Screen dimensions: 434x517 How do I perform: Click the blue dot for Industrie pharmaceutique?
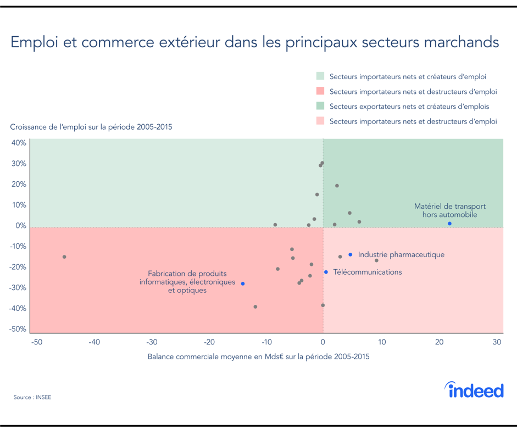point(350,254)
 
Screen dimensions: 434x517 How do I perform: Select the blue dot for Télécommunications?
point(326,272)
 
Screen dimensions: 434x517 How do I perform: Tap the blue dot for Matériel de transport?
point(449,224)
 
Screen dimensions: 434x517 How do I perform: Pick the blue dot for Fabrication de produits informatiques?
point(243,283)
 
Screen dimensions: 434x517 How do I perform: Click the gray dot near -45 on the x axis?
point(64,257)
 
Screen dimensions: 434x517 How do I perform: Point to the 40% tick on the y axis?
point(19,143)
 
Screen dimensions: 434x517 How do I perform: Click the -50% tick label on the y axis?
point(19,329)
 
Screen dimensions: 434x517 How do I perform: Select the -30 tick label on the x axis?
point(152,342)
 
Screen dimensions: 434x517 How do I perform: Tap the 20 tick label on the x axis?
point(439,342)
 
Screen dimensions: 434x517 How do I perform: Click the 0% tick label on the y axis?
point(20,226)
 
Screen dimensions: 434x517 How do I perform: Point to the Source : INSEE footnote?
point(32,397)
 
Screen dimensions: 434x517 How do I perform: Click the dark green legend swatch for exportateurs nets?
point(320,106)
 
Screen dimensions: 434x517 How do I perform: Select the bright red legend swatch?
point(320,91)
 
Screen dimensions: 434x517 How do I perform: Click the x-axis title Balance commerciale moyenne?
point(258,356)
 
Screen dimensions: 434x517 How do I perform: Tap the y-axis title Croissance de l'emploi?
point(91,127)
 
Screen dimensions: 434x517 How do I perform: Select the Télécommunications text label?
point(367,272)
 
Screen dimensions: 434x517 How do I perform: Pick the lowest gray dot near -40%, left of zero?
point(255,307)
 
